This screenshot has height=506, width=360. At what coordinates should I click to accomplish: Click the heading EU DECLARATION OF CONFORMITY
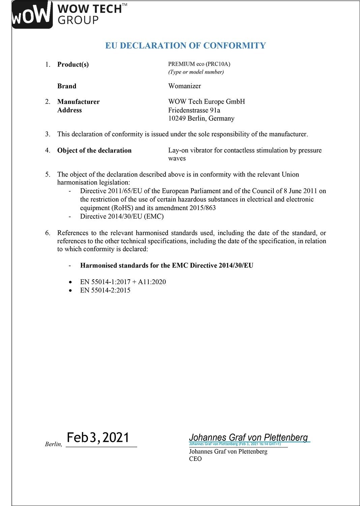[185, 46]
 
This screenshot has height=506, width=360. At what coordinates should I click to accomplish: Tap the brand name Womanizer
[184, 86]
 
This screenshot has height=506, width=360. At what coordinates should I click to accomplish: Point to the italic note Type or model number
[196, 72]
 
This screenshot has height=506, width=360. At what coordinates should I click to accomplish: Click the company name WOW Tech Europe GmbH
[206, 102]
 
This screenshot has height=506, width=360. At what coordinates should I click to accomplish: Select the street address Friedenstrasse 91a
[194, 110]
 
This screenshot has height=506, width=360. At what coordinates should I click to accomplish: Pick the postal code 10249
[177, 118]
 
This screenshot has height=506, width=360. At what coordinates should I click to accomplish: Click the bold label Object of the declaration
[94, 150]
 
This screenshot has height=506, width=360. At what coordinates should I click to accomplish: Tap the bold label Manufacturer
[78, 102]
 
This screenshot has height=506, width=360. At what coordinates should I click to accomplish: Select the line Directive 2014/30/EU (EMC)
[122, 216]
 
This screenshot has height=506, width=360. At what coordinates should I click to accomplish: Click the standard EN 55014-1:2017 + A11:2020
[123, 282]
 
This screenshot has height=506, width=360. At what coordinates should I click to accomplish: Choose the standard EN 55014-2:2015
[105, 290]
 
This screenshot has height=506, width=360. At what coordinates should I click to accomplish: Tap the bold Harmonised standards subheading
[167, 265]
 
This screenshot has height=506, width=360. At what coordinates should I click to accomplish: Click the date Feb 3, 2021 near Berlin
[98, 438]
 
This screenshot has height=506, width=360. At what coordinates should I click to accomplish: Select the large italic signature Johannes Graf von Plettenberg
[248, 437]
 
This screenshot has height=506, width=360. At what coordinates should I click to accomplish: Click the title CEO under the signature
[195, 459]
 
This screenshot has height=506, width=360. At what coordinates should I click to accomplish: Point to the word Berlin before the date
[53, 444]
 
